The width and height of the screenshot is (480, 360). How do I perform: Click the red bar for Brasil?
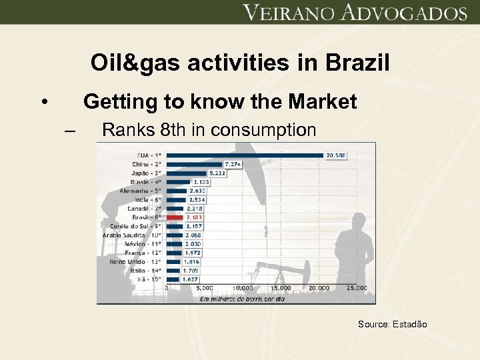175,217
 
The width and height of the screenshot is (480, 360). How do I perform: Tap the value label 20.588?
335,155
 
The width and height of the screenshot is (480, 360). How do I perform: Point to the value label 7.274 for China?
233,164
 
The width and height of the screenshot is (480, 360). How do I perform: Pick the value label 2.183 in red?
195,217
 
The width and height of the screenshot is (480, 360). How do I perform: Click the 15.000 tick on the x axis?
281,288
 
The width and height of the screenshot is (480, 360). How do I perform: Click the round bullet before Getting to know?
43,103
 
